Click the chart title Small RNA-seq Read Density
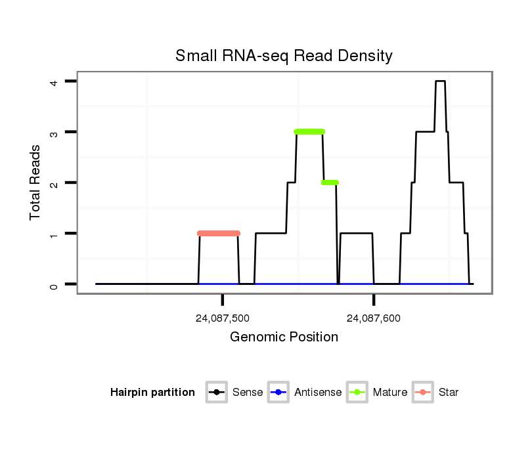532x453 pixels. (284, 56)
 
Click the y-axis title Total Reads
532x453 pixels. (35, 181)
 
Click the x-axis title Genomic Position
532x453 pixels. (284, 337)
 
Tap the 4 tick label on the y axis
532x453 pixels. (55, 81)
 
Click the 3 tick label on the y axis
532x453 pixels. (55, 132)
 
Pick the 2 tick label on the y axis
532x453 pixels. (55, 183)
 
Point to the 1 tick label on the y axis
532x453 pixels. (55, 233)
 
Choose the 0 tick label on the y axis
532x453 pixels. (55, 284)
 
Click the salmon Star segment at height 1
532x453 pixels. (219, 233)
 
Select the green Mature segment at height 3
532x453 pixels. (309, 132)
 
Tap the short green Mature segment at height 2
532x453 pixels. (330, 183)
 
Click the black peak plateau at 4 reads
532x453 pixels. (440, 81)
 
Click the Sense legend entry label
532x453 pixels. (248, 393)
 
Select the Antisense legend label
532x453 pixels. (318, 393)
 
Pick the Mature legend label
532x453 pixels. (390, 393)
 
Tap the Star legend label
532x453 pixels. (449, 393)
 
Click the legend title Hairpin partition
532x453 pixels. (152, 393)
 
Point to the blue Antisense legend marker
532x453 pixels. (278, 393)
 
